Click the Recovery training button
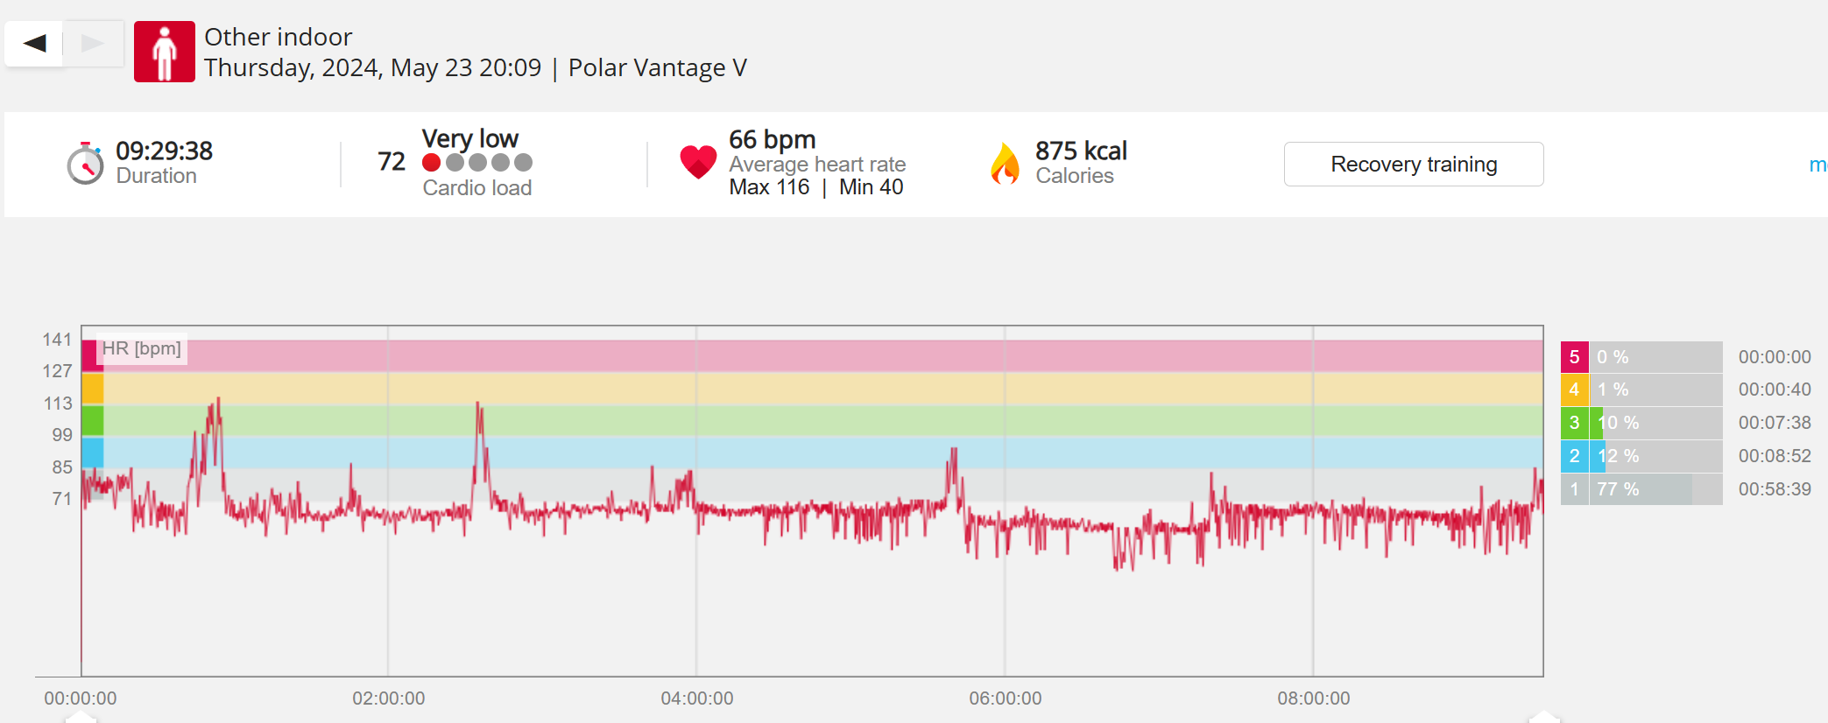pos(1413,165)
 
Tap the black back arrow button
pos(34,43)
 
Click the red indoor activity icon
pos(164,52)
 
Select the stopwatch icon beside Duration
pos(85,164)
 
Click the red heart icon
pos(698,161)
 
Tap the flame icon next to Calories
pos(1005,164)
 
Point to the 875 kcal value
pos(1081,151)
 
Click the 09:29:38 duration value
pos(164,151)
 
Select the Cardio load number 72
pos(391,162)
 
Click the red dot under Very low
pos(431,163)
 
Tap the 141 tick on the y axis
pos(57,340)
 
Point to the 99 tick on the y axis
pos(62,435)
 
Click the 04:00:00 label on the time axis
pos(696,698)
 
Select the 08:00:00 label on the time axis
pos(1313,698)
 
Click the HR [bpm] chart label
pos(141,348)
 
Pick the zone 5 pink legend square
pos(1574,357)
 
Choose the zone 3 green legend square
pos(1574,423)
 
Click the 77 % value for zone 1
pos(1617,489)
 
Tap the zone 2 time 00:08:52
pos(1774,456)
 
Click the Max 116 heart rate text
pos(769,187)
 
